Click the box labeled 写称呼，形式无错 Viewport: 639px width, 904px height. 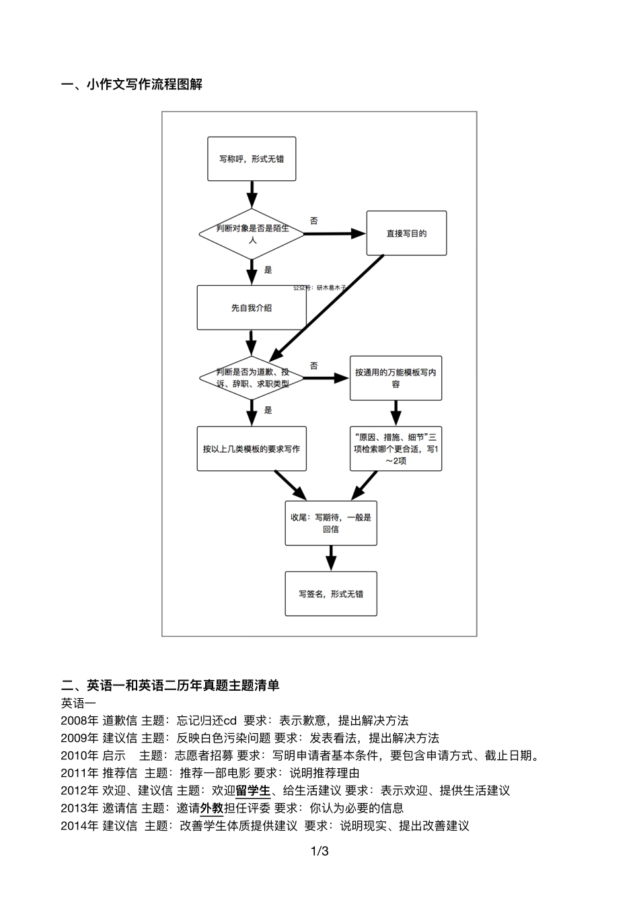pyautogui.click(x=252, y=159)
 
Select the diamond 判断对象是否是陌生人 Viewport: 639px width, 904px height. pyautogui.click(x=252, y=233)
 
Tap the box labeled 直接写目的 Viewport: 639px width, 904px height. pyautogui.click(x=406, y=233)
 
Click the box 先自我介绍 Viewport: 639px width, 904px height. pyautogui.click(x=252, y=308)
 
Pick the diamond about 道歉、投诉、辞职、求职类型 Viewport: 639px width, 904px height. pyautogui.click(x=252, y=378)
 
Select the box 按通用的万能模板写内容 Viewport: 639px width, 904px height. pyautogui.click(x=396, y=378)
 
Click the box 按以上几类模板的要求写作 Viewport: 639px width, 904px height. pyautogui.click(x=252, y=449)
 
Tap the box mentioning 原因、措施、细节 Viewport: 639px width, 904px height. pyautogui.click(x=396, y=449)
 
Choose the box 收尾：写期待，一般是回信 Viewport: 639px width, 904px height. pyautogui.click(x=331, y=523)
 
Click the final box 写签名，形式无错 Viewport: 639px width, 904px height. pyautogui.click(x=331, y=594)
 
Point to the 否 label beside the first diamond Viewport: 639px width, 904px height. pyautogui.click(x=314, y=221)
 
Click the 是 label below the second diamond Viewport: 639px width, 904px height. pyautogui.click(x=268, y=410)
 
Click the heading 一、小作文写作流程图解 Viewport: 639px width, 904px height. pyautogui.click(x=131, y=84)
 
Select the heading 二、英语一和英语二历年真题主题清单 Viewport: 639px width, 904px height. pyautogui.click(x=170, y=685)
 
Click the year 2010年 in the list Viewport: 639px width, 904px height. pyautogui.click(x=79, y=755)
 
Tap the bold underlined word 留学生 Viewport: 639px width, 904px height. pyautogui.click(x=253, y=790)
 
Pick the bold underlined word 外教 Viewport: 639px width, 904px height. pyautogui.click(x=211, y=808)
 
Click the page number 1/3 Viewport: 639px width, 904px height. pyautogui.click(x=319, y=852)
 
